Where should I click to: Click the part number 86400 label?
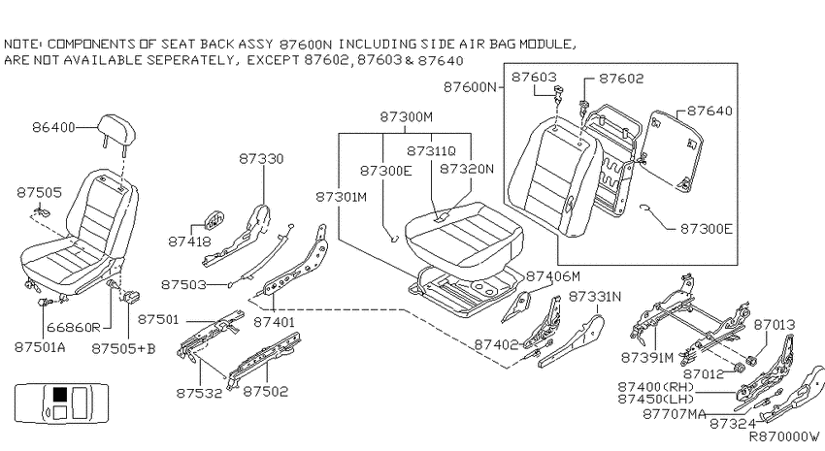53,127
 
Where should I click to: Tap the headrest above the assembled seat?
116,130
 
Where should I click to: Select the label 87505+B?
123,348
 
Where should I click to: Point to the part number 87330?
261,159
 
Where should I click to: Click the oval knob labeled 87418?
214,221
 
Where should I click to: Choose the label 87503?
183,284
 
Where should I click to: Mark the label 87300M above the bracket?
406,116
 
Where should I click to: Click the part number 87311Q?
432,151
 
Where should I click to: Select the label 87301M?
342,197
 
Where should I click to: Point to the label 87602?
621,79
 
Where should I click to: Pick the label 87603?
534,77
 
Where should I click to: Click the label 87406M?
553,276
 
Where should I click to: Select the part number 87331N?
595,297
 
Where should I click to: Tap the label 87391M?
647,358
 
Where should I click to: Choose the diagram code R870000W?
784,436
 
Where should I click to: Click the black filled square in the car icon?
60,394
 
